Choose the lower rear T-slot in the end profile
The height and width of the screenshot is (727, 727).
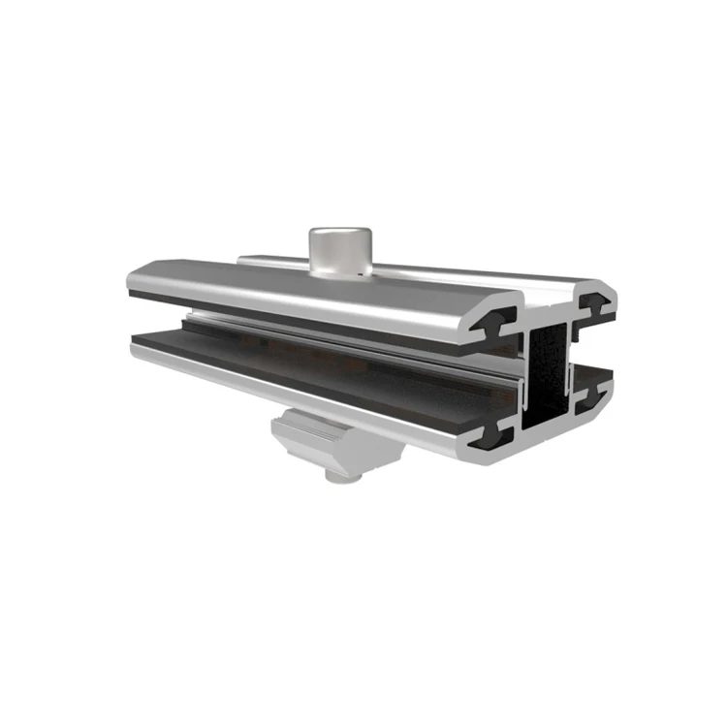(594, 393)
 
